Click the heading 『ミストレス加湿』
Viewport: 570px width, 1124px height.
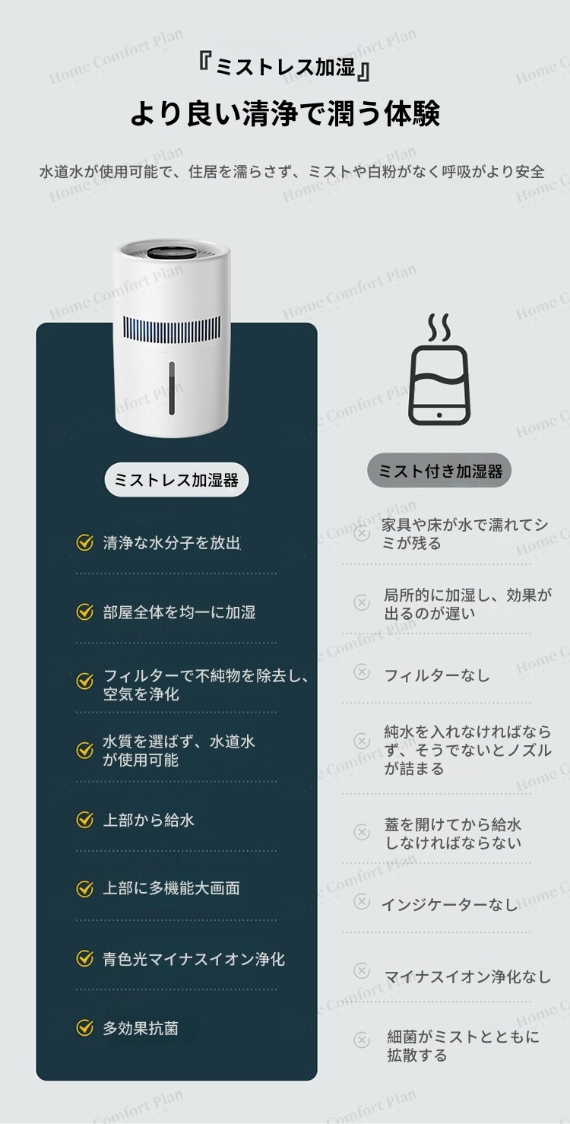[284, 68]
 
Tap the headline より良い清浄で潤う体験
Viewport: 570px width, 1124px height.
[285, 113]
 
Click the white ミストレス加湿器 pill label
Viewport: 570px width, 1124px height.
[176, 480]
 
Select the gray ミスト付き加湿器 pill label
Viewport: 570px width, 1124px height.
[439, 471]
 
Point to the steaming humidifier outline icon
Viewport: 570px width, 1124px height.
[439, 370]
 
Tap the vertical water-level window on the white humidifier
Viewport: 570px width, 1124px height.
[172, 389]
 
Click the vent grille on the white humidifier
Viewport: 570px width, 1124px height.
[172, 330]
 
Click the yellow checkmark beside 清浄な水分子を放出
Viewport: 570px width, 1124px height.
[84, 542]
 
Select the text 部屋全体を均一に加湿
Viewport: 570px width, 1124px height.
[179, 612]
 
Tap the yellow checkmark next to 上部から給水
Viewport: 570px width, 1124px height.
[84, 820]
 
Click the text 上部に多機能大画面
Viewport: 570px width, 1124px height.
[171, 889]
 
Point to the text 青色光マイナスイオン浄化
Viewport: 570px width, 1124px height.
[194, 959]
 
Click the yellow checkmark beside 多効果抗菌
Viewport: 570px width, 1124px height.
[84, 1028]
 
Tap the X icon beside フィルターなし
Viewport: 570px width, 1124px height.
[362, 672]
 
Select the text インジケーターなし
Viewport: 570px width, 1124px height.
[449, 905]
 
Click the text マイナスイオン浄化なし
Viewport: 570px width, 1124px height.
[467, 976]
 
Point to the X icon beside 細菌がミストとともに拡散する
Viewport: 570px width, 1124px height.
[362, 1039]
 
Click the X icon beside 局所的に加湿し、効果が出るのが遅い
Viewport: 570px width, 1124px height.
[362, 602]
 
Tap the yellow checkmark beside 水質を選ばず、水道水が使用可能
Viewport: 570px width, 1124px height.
[84, 750]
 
